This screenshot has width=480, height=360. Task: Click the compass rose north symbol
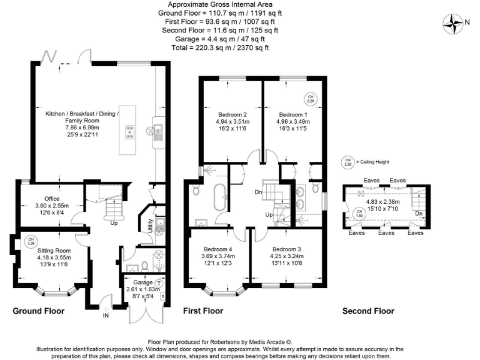pyautogui.click(x=451, y=24)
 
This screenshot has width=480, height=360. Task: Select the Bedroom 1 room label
pyautogui.click(x=293, y=115)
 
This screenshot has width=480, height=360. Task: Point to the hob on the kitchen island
pyautogui.click(x=131, y=132)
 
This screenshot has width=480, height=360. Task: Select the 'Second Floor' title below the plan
pyautogui.click(x=368, y=311)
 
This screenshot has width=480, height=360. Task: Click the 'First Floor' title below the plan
pyautogui.click(x=203, y=311)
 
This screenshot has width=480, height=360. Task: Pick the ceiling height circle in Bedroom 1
pyautogui.click(x=310, y=97)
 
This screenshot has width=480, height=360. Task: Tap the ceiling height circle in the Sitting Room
pyautogui.click(x=30, y=240)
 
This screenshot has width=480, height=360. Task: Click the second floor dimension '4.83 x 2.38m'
pyautogui.click(x=385, y=202)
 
